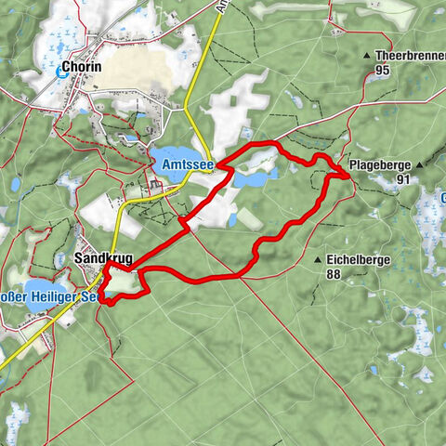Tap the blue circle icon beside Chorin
click(62, 71)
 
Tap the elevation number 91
click(402, 178)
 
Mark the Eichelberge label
click(358, 260)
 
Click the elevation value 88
click(334, 274)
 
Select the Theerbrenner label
click(409, 56)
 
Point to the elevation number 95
click(382, 70)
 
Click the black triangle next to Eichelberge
click(318, 260)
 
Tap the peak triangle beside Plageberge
click(420, 165)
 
